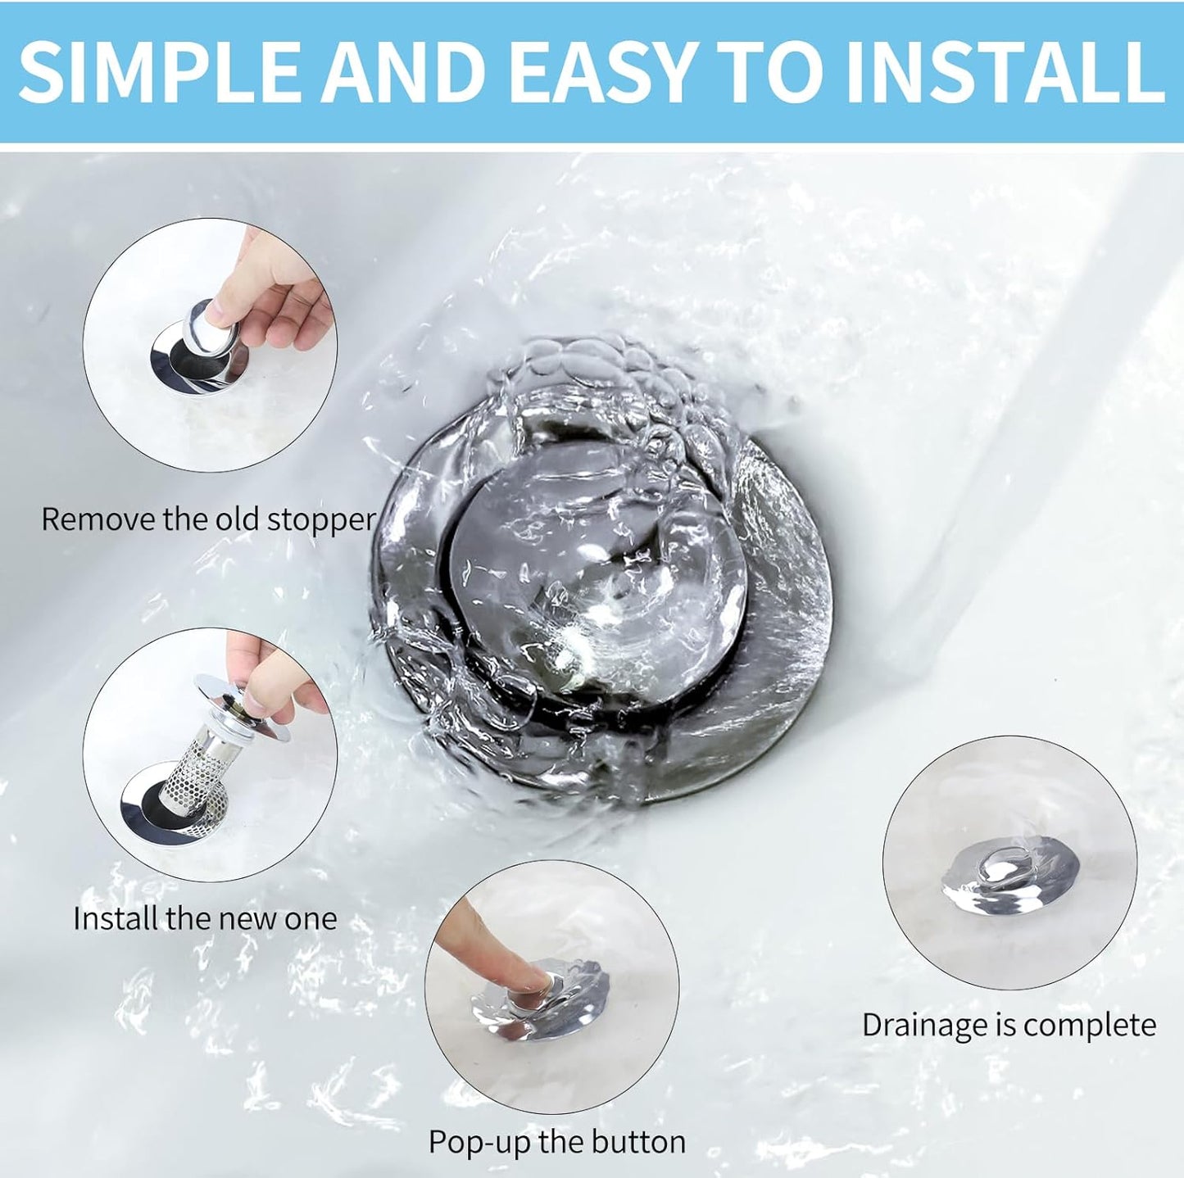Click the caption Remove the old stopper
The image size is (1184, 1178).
click(208, 519)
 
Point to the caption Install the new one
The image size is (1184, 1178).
click(205, 918)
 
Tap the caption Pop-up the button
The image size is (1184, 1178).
click(556, 1141)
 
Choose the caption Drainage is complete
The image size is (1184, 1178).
click(1009, 1025)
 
